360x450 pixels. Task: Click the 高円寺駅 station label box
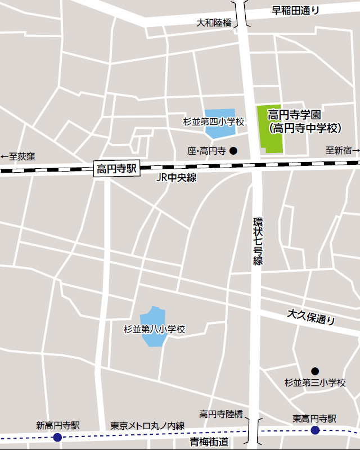tap(116, 169)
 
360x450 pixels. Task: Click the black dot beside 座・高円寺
tap(233, 151)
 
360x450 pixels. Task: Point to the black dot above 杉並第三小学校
tap(315, 371)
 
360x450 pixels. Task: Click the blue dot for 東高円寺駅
tap(315, 430)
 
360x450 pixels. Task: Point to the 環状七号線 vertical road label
tap(258, 240)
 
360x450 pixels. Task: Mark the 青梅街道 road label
tap(209, 442)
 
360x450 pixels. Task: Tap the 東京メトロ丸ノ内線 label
tap(147, 426)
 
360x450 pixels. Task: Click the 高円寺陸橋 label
tap(221, 415)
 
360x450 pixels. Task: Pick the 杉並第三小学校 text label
tap(315, 383)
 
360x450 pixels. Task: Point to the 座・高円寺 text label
tap(206, 151)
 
